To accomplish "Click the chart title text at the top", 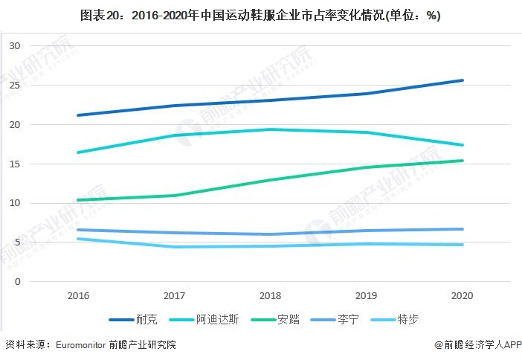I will click(260, 16).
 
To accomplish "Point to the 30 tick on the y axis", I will click(14, 46).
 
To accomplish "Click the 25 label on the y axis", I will click(14, 86).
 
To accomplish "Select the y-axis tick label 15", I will click(14, 164).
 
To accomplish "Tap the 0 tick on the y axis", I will click(16, 282).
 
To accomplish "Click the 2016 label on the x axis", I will click(78, 295).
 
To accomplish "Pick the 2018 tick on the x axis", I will click(270, 295).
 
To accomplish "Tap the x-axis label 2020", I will click(462, 295).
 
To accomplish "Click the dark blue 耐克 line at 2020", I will click(462, 80).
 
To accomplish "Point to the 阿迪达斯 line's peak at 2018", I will click(270, 129).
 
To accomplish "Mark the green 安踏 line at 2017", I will click(174, 196).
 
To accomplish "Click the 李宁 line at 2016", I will click(78, 230).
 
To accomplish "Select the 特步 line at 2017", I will click(174, 247).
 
